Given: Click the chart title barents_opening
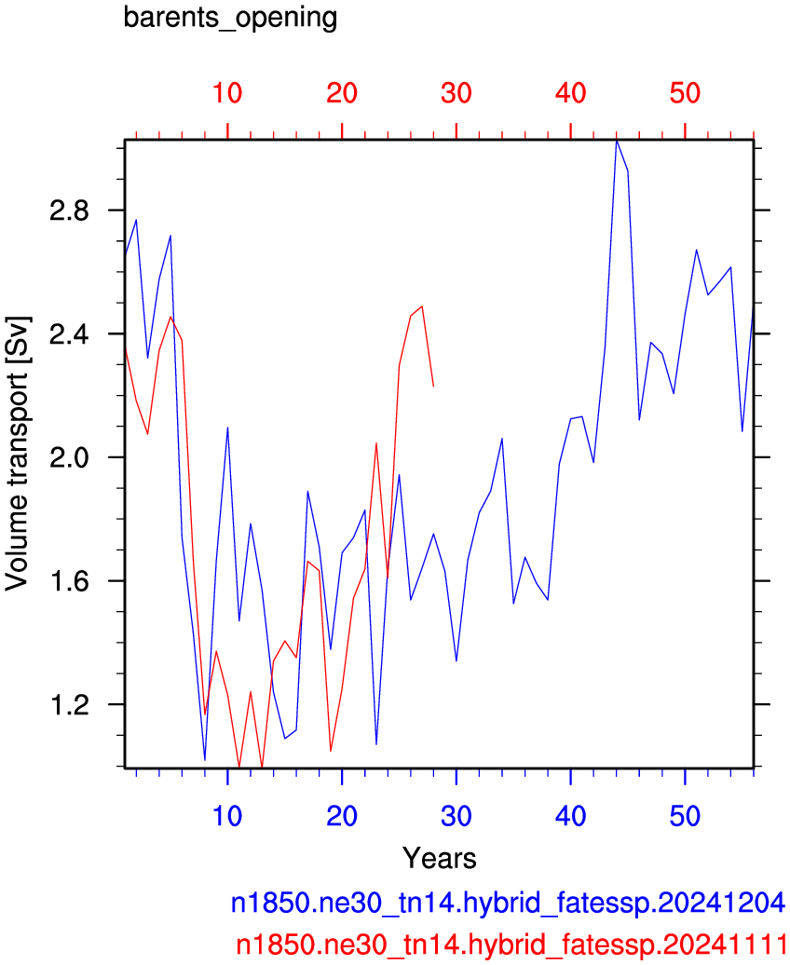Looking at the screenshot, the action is (230, 18).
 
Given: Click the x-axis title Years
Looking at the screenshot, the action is (439, 858).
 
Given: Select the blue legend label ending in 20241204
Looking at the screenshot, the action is (508, 903).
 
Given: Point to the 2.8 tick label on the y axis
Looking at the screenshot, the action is (69, 211).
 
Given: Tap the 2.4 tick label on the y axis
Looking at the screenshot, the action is (69, 334).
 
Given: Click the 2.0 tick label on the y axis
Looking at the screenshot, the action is (69, 458).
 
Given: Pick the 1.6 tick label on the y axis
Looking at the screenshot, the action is (69, 581).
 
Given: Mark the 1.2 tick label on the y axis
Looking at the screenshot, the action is (69, 705).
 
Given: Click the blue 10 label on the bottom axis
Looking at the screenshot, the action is (227, 816).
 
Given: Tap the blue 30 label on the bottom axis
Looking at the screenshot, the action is (456, 816).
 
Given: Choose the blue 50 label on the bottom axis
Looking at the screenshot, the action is (685, 816).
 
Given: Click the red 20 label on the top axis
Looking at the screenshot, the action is (342, 93).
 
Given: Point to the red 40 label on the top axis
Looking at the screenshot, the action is (570, 93).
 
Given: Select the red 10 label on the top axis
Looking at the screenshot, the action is (227, 93).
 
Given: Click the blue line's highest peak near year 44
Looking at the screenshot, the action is (617, 141).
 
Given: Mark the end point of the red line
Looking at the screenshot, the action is (433, 387).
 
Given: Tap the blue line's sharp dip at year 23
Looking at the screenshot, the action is (376, 744).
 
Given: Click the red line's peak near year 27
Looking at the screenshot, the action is (422, 306).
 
